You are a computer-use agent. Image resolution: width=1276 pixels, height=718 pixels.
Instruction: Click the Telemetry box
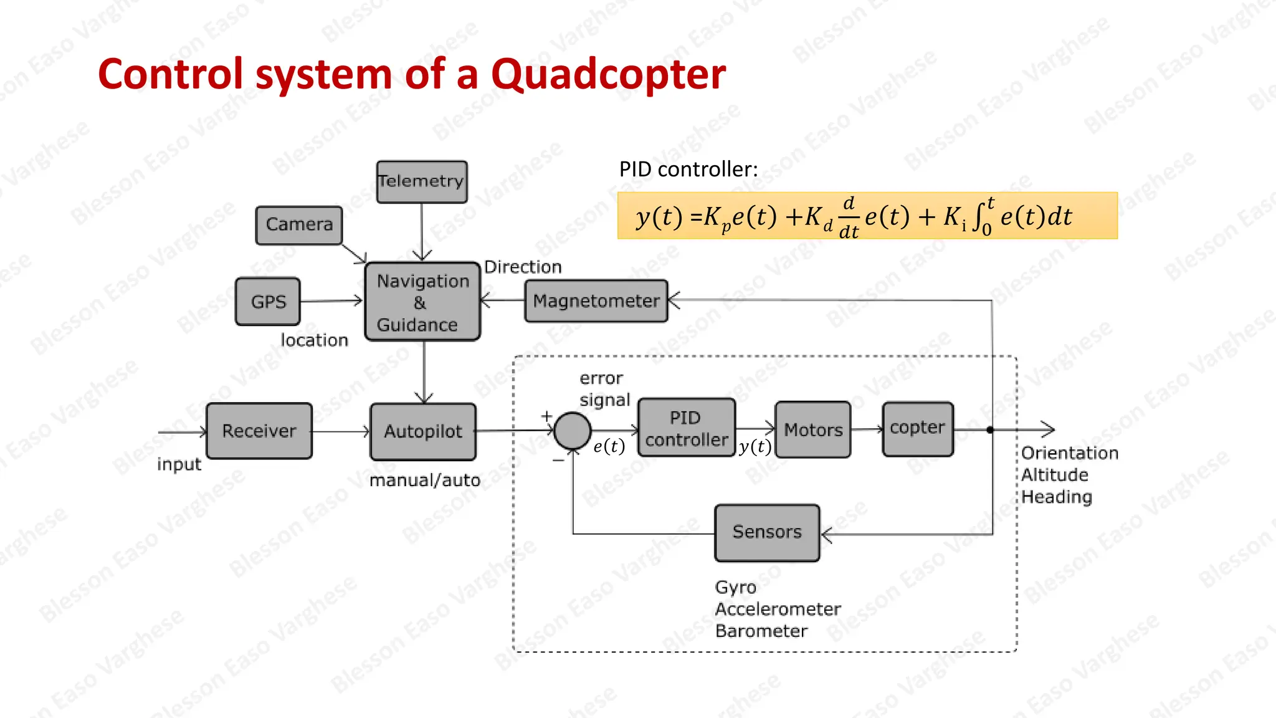pyautogui.click(x=422, y=181)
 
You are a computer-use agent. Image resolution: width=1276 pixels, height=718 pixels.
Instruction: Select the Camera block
pyautogui.click(x=299, y=225)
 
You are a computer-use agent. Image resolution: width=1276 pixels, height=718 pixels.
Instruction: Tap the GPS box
pyautogui.click(x=268, y=302)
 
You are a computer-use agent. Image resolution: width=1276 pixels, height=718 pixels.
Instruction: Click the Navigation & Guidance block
pyautogui.click(x=422, y=302)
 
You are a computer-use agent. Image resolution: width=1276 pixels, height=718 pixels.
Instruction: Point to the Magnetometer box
pyautogui.click(x=596, y=301)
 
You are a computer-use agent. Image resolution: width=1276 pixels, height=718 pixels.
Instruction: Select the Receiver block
pyautogui.click(x=259, y=431)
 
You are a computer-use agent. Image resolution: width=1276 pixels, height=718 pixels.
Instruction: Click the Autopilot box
pyautogui.click(x=423, y=431)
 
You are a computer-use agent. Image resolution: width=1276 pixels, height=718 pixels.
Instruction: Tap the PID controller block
pyautogui.click(x=687, y=428)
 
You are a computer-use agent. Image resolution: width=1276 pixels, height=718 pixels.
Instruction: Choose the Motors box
pyautogui.click(x=813, y=429)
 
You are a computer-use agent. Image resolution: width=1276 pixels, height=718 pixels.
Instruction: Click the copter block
pyautogui.click(x=918, y=429)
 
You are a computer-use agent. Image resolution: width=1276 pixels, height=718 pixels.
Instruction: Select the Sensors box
pyautogui.click(x=767, y=532)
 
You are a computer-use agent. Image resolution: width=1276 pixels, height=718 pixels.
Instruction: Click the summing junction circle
pyautogui.click(x=572, y=431)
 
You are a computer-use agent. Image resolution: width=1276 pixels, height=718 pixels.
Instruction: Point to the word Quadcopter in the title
pyautogui.click(x=608, y=74)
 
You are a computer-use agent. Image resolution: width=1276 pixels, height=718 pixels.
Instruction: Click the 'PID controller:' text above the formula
pyautogui.click(x=688, y=170)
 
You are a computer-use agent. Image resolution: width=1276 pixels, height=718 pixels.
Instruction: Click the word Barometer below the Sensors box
pyautogui.click(x=761, y=631)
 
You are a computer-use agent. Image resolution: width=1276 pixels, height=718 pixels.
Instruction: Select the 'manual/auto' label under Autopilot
pyautogui.click(x=425, y=481)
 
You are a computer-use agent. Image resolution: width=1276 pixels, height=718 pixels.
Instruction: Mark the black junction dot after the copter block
pyautogui.click(x=990, y=429)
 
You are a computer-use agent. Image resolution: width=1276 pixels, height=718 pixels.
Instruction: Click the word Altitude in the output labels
pyautogui.click(x=1054, y=475)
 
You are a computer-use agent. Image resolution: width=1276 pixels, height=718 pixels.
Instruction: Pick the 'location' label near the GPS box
pyautogui.click(x=314, y=340)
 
